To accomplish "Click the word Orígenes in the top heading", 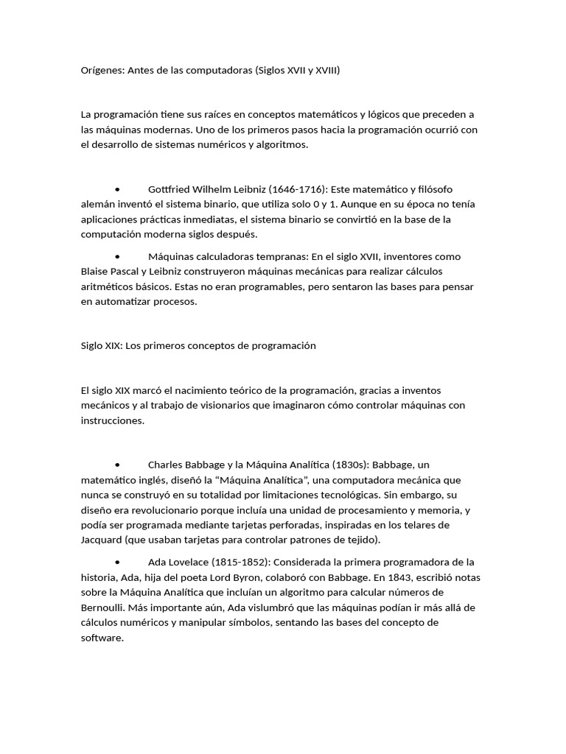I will coord(102,71).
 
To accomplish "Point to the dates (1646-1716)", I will coord(296,189).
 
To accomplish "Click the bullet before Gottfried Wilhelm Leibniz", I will coord(118,189).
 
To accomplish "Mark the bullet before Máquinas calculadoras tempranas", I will coord(118,257).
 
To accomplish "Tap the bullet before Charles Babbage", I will coord(118,465).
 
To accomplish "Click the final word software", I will coord(101,638).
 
